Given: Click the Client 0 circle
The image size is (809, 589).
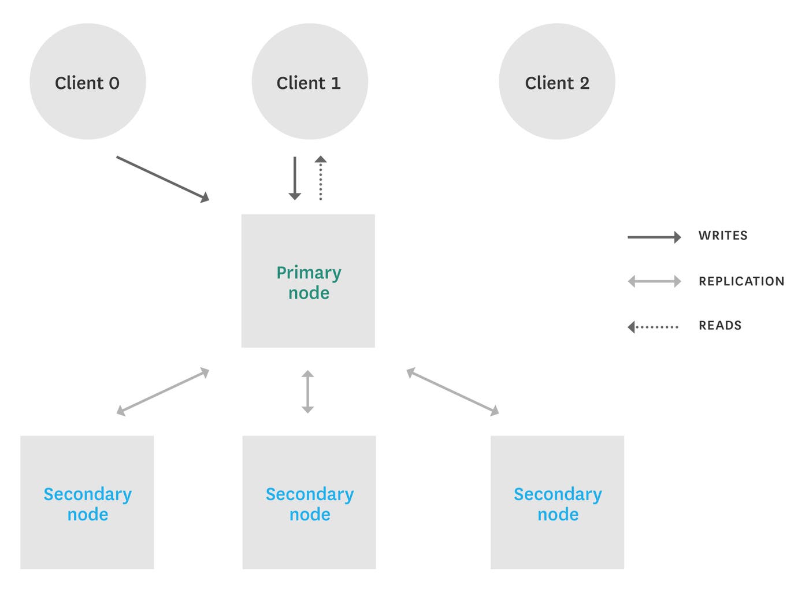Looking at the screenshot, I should click(x=87, y=81).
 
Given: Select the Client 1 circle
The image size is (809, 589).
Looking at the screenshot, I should click(x=309, y=81).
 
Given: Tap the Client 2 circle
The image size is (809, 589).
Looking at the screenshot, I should click(x=556, y=81).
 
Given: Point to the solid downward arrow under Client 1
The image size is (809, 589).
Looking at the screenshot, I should click(x=295, y=178).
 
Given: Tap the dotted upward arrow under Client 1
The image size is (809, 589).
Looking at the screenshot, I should click(x=321, y=178).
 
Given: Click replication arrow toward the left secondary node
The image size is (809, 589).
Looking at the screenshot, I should click(x=162, y=392).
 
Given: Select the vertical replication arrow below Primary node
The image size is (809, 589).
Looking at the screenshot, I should click(x=307, y=392).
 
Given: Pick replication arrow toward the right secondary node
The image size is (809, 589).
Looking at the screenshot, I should click(x=452, y=392).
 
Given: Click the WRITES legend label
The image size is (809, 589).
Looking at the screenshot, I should click(x=723, y=236).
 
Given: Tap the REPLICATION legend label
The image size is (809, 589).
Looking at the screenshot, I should click(x=741, y=281).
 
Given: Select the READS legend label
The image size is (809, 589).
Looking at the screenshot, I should click(x=720, y=326).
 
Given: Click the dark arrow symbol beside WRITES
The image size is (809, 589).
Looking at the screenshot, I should click(x=654, y=237).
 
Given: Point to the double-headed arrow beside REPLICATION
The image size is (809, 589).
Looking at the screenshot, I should click(x=654, y=282).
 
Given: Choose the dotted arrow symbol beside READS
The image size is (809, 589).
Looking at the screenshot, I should click(x=654, y=327).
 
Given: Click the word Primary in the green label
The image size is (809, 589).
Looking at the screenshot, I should click(x=309, y=273).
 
